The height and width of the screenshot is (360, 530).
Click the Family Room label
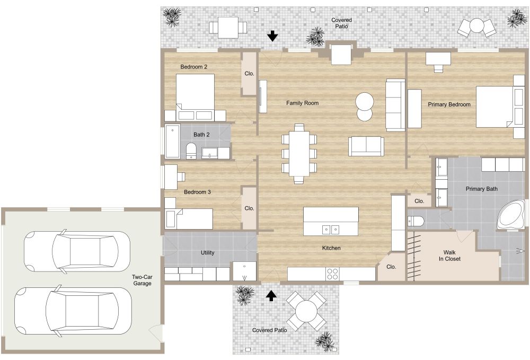click(303, 103)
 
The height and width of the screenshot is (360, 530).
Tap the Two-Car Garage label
click(142, 280)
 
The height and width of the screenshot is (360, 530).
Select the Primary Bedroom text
click(449, 104)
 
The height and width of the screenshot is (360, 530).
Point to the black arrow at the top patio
click(272, 36)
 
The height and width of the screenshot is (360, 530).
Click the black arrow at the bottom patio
click(271, 295)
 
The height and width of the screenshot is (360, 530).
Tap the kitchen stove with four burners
click(332, 274)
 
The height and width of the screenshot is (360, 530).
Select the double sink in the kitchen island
click(331, 229)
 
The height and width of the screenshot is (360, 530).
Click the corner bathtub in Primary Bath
click(511, 215)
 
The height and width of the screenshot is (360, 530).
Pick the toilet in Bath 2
click(191, 151)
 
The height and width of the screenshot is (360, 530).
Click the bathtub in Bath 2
click(172, 142)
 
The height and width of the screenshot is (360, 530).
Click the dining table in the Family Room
click(299, 153)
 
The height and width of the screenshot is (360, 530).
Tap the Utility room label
click(208, 253)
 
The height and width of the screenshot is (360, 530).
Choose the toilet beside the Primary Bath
click(417, 221)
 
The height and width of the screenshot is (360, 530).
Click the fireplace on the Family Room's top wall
click(341, 54)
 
